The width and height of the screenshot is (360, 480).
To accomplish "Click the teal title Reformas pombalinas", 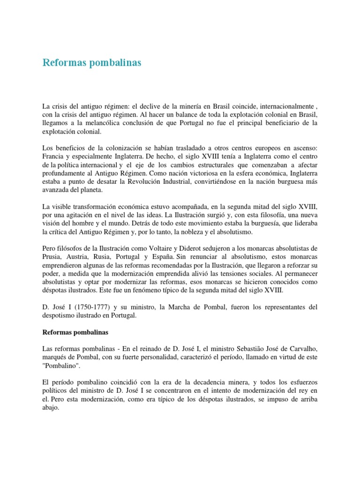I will point(92,62).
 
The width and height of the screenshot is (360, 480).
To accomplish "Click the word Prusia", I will point(52,257).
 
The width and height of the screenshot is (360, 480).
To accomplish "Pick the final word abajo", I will point(51,408).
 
